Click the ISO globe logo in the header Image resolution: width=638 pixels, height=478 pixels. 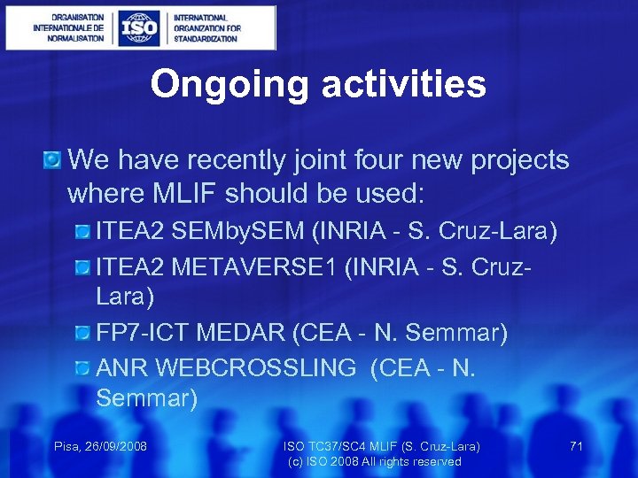(x=141, y=27)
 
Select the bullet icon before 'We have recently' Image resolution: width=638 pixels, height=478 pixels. (x=52, y=160)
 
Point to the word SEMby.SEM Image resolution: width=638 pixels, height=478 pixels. (x=237, y=232)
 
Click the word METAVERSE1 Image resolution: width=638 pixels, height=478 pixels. (x=263, y=266)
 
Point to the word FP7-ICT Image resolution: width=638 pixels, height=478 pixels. (x=142, y=333)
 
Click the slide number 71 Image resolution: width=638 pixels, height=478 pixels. (x=576, y=446)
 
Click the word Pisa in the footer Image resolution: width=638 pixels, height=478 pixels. (x=68, y=446)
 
